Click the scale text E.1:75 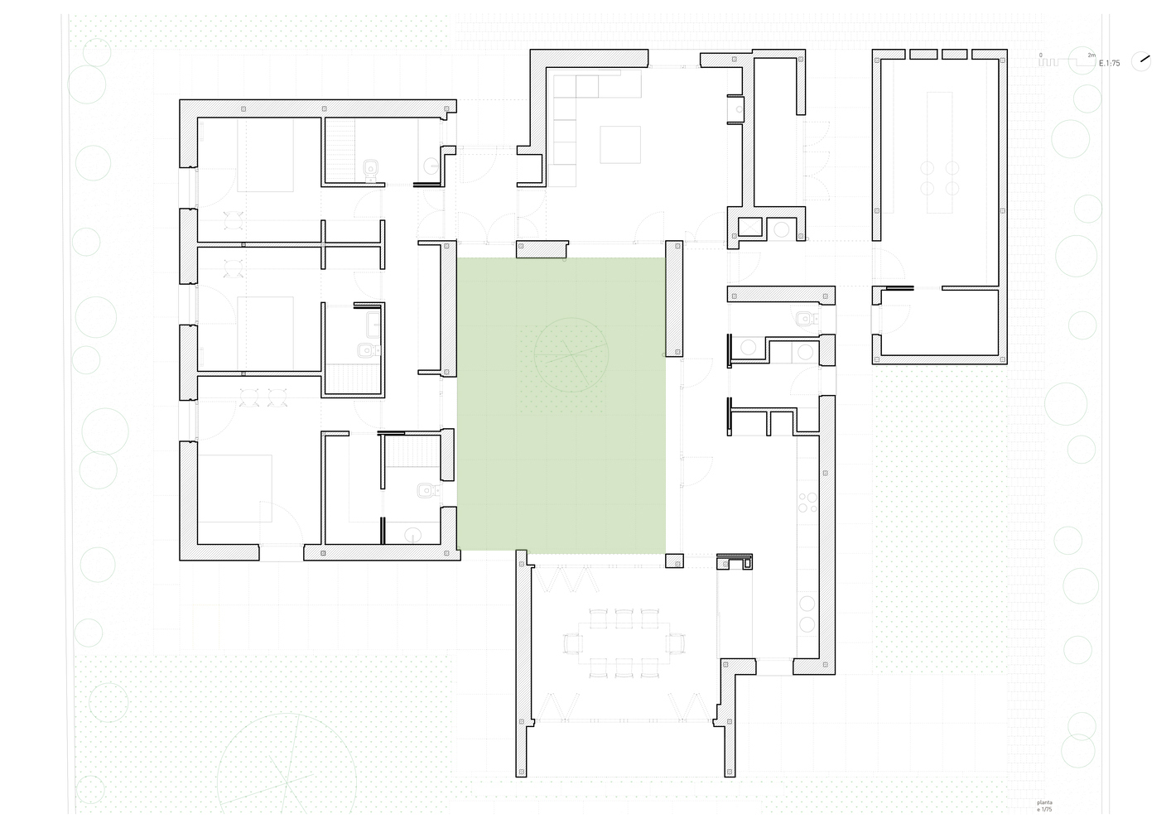pos(1109,63)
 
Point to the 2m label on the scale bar pos(1091,55)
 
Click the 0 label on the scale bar pos(1041,55)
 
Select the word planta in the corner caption pos(1044,802)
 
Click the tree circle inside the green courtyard pos(571,355)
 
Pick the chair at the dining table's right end pos(676,643)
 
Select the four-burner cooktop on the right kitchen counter pos(807,503)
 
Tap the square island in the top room pos(619,144)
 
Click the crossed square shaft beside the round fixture pos(749,226)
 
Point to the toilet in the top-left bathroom pos(371,169)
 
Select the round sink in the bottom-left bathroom pos(412,535)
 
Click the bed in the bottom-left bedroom pos(235,488)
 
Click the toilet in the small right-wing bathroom pos(805,318)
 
